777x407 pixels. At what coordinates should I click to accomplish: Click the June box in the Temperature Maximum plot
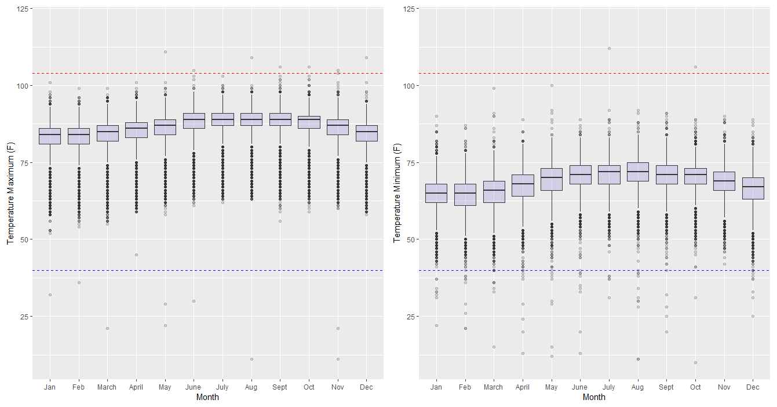coord(194,121)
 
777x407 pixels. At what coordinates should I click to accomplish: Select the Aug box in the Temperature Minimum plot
coord(638,172)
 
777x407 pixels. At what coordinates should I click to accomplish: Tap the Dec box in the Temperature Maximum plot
coord(366,133)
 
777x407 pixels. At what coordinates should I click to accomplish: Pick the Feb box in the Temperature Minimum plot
coord(465,195)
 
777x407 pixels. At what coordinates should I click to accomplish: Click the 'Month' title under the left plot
coord(207,397)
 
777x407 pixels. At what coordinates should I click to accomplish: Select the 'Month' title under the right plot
coord(594,397)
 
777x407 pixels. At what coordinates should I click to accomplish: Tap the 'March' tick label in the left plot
coord(107,387)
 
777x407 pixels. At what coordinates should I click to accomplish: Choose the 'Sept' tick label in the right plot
coord(666,387)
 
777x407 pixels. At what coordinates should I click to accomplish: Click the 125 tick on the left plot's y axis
coord(20,9)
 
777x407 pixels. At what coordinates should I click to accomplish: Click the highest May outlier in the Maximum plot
coord(165,52)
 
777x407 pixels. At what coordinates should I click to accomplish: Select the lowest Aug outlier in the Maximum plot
coord(251,359)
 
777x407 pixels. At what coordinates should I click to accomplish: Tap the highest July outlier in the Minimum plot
coord(609,48)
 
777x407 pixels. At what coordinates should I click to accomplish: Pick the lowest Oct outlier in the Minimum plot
coord(695,362)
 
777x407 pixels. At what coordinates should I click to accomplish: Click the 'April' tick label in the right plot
coord(523,387)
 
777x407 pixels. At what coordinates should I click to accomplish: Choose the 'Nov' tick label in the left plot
coord(338,387)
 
